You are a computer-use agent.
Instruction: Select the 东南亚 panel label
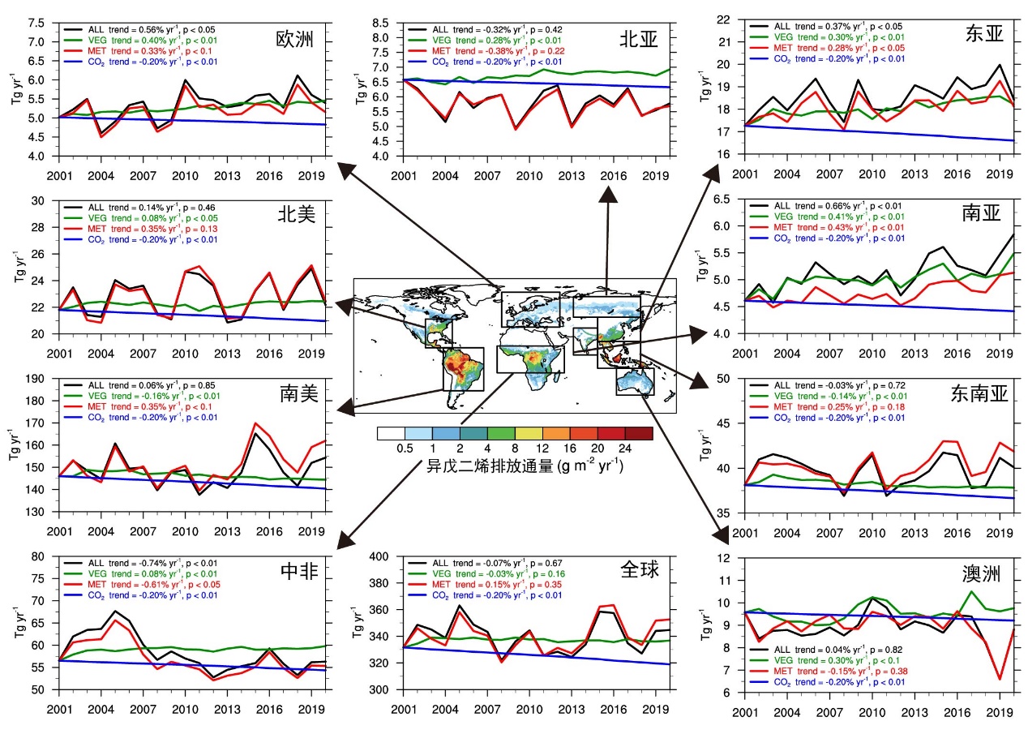[978, 394]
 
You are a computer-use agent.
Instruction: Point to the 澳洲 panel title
[978, 574]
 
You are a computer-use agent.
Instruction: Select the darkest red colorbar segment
[639, 433]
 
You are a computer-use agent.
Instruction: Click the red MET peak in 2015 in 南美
[256, 423]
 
